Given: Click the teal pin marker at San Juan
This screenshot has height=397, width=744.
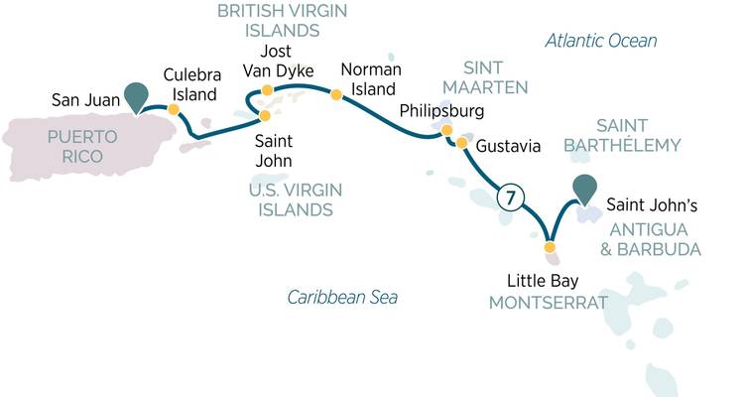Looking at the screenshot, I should point(136,97).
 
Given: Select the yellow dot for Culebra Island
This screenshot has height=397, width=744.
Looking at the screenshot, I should point(174,110).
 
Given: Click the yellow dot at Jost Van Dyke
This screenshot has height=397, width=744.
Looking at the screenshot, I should point(266,91).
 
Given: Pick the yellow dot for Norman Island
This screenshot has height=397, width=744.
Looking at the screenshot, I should point(336,95).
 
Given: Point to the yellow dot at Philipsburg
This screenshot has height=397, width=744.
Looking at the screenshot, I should point(446,130).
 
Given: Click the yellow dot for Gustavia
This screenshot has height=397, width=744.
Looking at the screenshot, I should point(461,144).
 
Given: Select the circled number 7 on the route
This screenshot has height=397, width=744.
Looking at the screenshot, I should point(508,198).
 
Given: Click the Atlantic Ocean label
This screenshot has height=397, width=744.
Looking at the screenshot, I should point(601,41).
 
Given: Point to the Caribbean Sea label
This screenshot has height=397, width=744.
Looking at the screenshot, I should point(342,297).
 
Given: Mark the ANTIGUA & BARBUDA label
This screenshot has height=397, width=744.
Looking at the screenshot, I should point(655,239).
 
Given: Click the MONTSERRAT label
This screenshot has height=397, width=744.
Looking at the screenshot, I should point(547,301).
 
